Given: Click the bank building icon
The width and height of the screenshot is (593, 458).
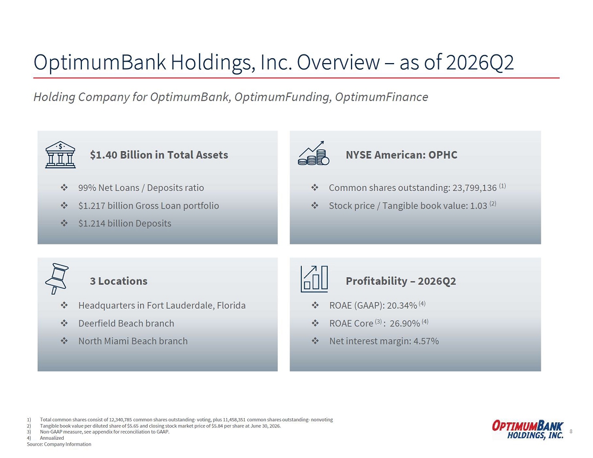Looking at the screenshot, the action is [x=60, y=154].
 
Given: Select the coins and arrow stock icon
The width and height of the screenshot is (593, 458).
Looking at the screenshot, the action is [x=314, y=153].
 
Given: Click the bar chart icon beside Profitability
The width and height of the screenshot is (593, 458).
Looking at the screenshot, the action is [x=314, y=279].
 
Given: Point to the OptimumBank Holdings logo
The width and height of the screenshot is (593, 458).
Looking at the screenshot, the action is [x=528, y=429].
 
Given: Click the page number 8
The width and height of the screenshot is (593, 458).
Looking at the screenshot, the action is [x=571, y=431].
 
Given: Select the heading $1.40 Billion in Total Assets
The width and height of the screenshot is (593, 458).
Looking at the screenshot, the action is [x=159, y=155].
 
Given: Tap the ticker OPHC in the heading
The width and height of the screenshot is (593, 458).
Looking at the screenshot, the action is [x=443, y=155].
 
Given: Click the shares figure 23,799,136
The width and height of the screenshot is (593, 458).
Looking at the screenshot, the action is [x=474, y=188].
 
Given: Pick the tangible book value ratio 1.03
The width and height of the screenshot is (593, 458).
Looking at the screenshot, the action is [x=478, y=206].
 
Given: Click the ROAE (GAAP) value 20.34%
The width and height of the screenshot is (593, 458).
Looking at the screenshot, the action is [x=402, y=305].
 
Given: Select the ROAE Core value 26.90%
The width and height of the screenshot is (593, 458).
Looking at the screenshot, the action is [x=405, y=323].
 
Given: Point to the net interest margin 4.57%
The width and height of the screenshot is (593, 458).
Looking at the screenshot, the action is [x=426, y=341].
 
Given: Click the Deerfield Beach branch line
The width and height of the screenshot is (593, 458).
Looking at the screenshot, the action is [x=126, y=323].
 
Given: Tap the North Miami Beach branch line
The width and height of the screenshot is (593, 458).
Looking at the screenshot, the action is [x=133, y=341].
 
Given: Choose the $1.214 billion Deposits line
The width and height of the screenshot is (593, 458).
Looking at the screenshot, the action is [x=125, y=223].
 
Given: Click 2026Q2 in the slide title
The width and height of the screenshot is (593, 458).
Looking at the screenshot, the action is [x=480, y=63].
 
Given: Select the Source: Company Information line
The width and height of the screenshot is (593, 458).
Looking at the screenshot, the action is [x=59, y=444].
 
